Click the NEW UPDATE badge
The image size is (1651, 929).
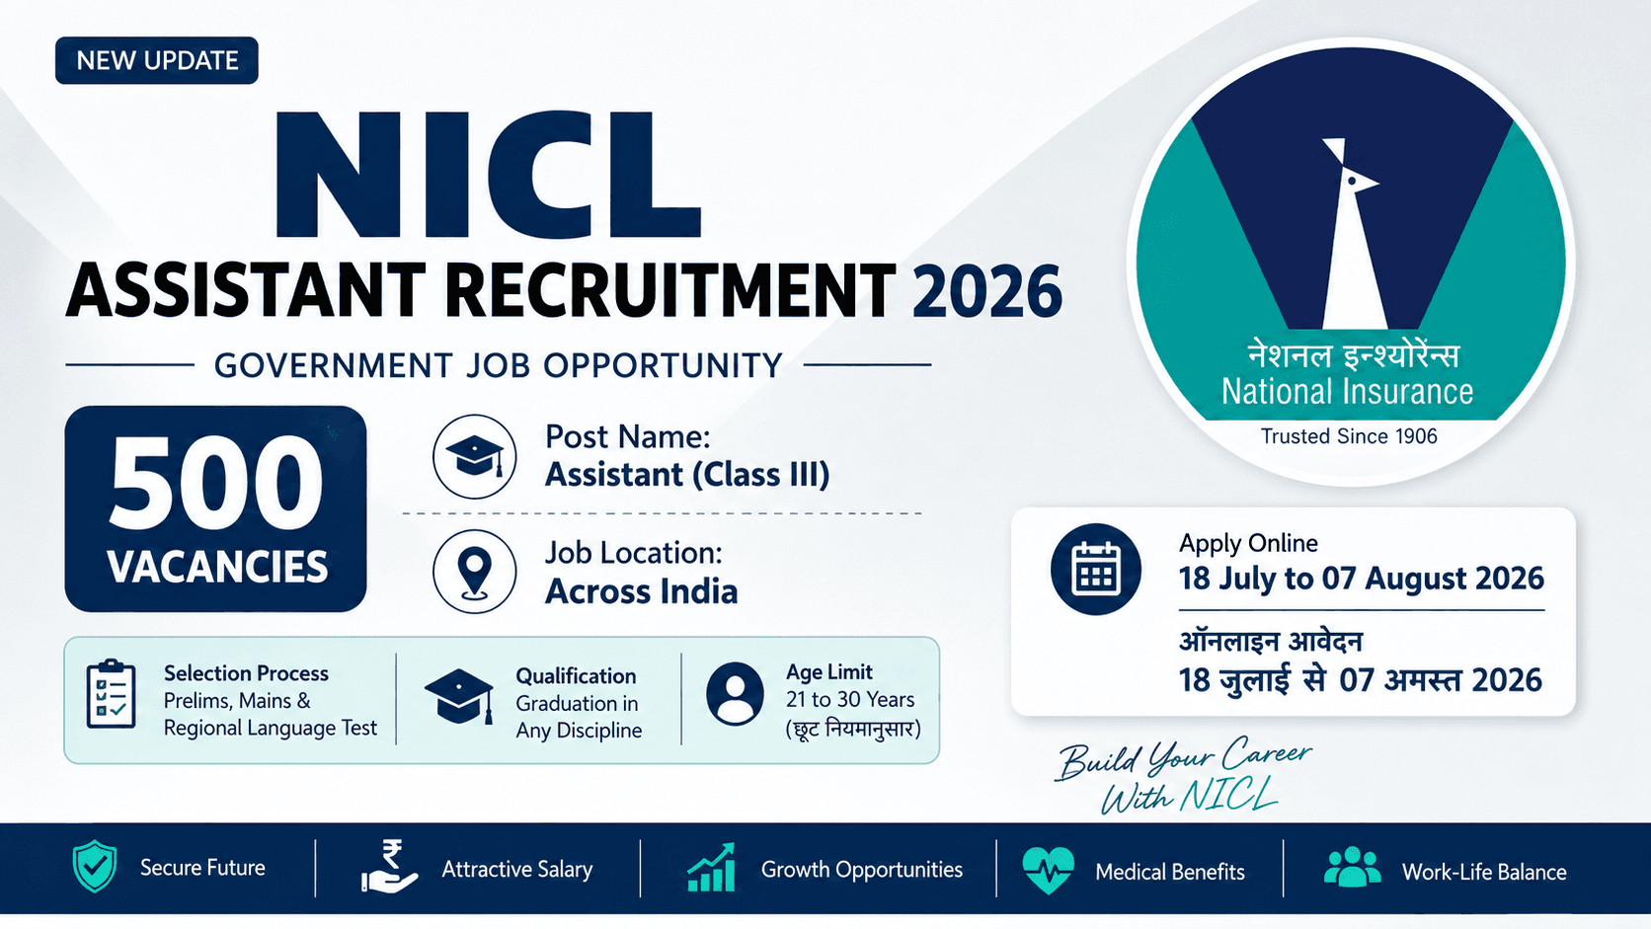point(157,60)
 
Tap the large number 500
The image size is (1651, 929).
point(216,483)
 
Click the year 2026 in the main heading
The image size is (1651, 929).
point(986,292)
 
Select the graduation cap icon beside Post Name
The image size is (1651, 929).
point(475,457)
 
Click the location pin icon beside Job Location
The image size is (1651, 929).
point(475,572)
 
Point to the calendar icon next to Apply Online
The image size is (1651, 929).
point(1096,570)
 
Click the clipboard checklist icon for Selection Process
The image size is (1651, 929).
point(112,694)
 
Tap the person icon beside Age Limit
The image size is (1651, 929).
point(735,694)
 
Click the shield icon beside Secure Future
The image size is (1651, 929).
point(95,866)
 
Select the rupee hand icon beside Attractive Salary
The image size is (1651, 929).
point(390,867)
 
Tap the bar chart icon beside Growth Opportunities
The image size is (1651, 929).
point(711,867)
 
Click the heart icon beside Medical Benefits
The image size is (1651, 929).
point(1048,870)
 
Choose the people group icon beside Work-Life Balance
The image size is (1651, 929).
point(1353,867)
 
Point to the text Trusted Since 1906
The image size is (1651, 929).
point(1349,436)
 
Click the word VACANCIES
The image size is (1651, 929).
point(217,567)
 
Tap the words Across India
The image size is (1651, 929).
point(641,591)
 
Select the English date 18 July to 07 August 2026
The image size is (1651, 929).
point(1362,579)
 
